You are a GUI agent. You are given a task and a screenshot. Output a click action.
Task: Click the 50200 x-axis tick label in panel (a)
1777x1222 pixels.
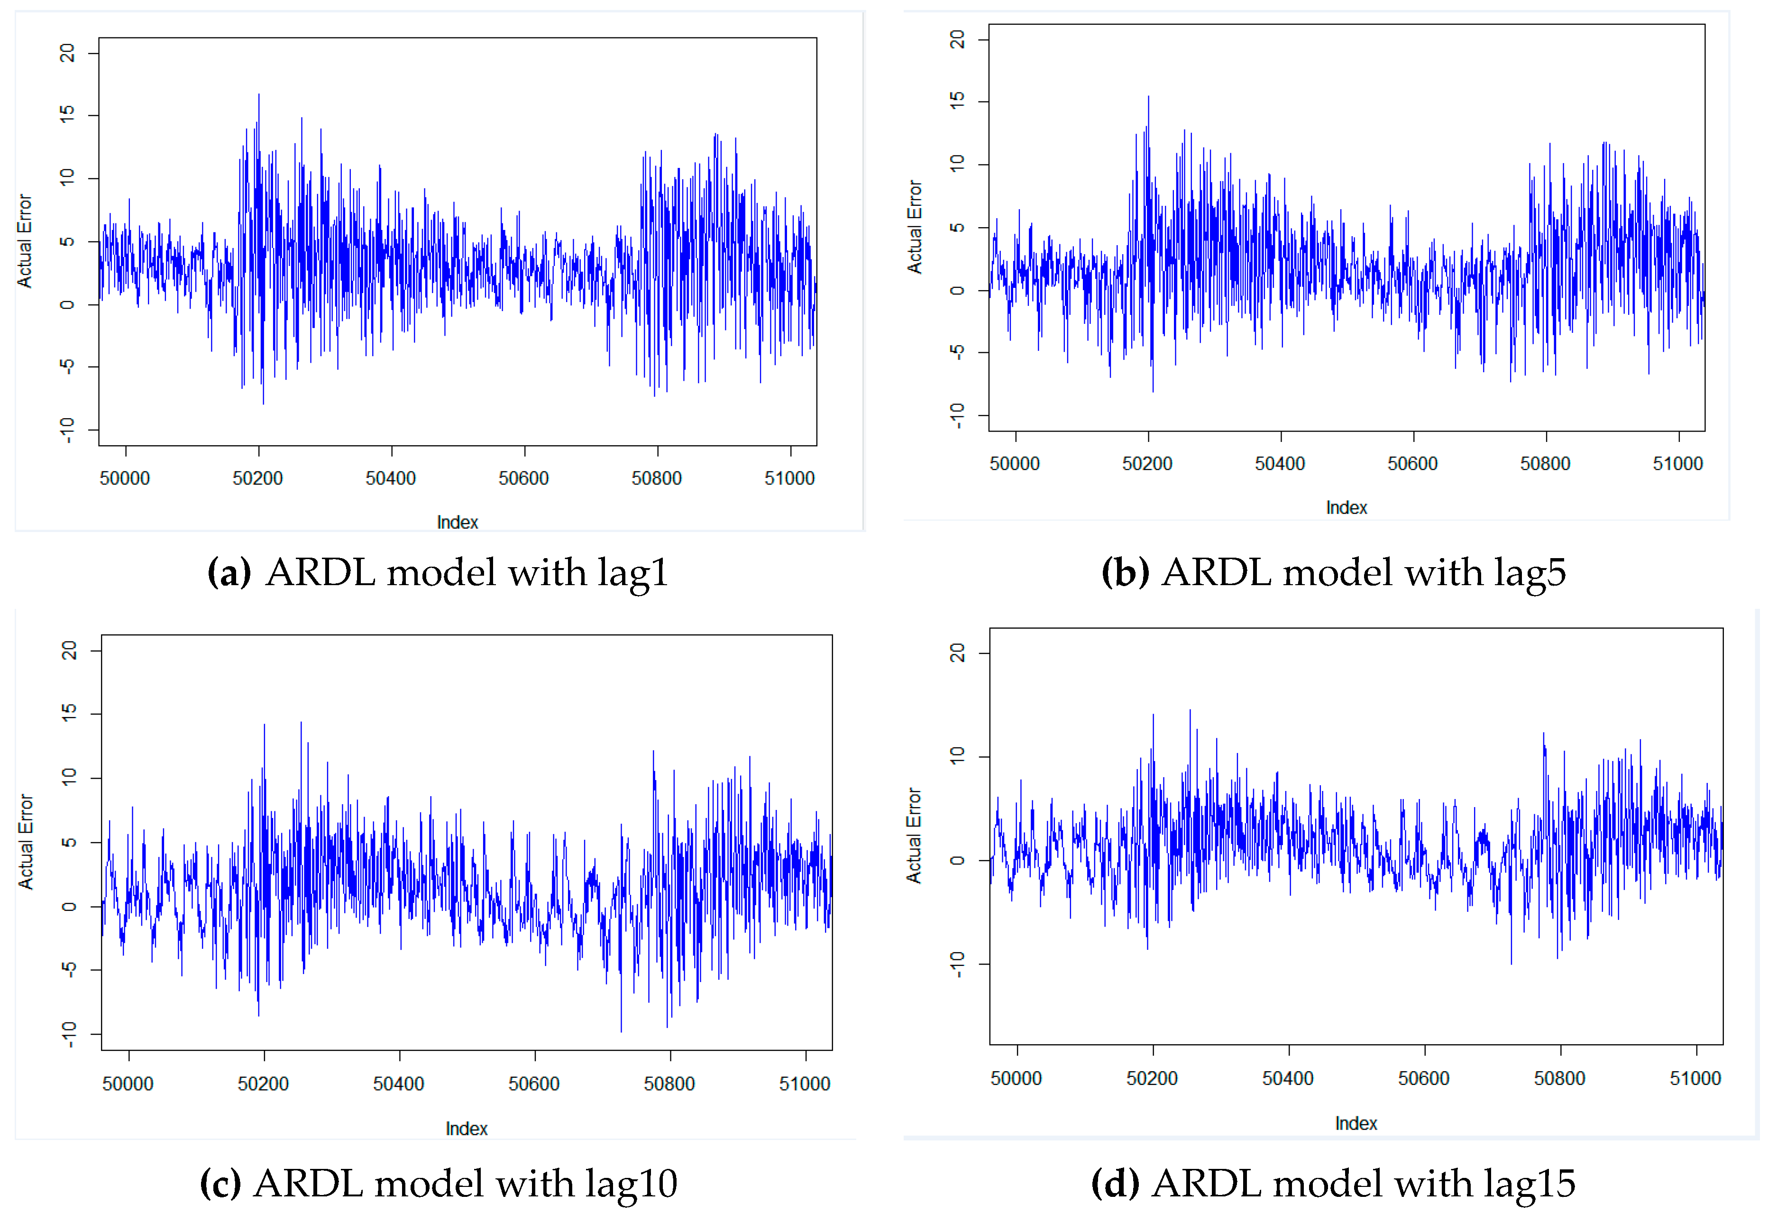[257, 478]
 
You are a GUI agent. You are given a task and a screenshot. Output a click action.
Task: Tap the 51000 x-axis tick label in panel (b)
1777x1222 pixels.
[1677, 464]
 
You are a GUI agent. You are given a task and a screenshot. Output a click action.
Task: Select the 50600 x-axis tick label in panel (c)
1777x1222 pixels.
[534, 1084]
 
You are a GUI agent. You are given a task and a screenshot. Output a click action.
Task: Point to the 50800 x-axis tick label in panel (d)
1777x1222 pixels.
[1559, 1079]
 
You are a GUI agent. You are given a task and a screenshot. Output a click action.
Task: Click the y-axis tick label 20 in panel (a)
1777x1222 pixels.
[67, 53]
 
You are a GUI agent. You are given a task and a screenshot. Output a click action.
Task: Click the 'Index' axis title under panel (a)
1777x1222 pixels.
[457, 522]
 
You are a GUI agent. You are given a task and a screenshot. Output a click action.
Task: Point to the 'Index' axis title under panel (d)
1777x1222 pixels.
[1356, 1123]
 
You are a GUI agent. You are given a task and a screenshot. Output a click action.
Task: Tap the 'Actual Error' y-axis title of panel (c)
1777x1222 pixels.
[26, 842]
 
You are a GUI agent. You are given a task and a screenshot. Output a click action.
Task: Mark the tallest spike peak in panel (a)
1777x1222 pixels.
[259, 95]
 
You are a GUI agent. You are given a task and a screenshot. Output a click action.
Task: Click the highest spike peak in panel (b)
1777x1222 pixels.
[1148, 96]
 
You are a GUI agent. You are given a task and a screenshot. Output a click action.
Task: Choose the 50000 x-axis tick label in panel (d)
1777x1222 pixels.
[1016, 1079]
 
